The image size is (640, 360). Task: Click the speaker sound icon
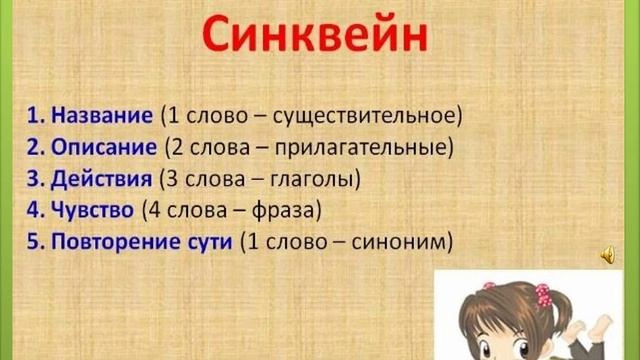point(608,257)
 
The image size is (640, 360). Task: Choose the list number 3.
point(32,180)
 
